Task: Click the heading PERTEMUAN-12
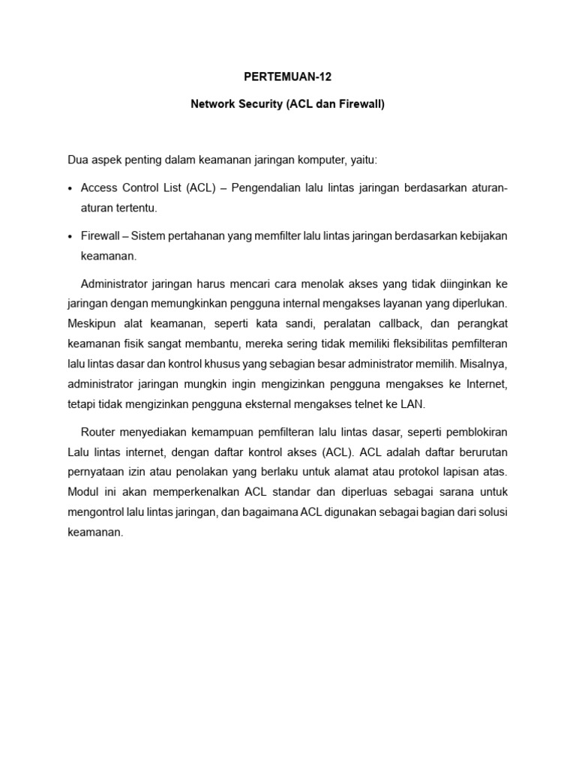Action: click(x=287, y=76)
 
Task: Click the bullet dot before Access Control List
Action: click(x=70, y=187)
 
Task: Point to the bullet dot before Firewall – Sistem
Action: click(x=70, y=236)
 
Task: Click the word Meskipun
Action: click(x=91, y=324)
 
